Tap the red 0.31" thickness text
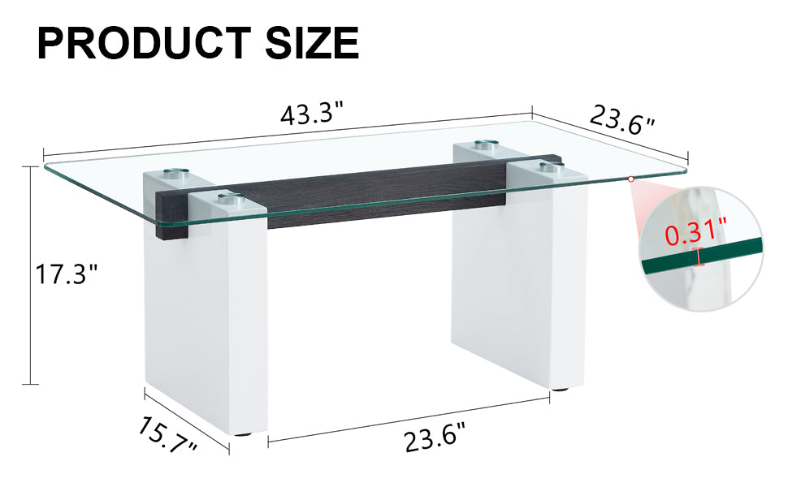pyautogui.click(x=695, y=235)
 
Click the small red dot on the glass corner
pyautogui.click(x=631, y=179)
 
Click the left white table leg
pyautogui.click(x=207, y=325)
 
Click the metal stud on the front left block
pyautogui.click(x=228, y=197)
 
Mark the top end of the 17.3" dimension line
pyautogui.click(x=32, y=164)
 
